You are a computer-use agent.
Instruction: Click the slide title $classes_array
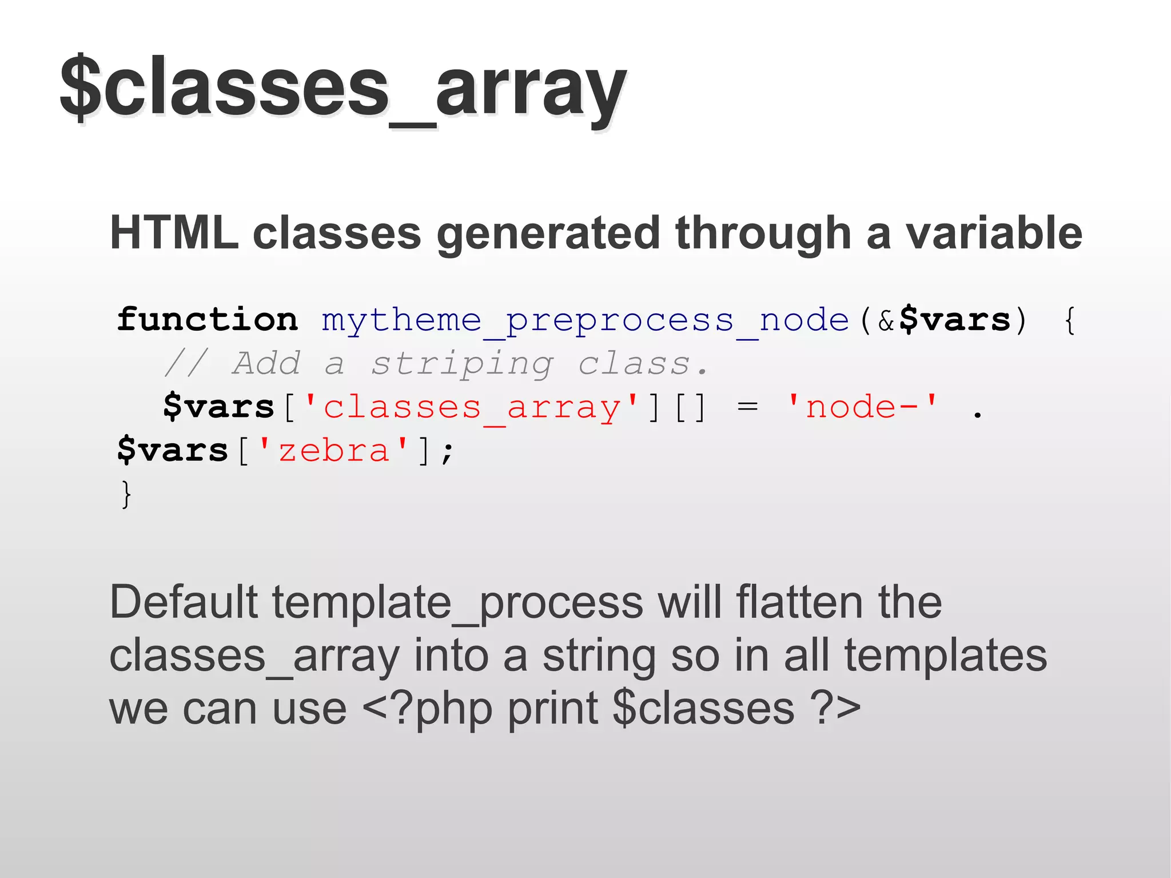343,89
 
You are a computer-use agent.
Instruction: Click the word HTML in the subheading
174,233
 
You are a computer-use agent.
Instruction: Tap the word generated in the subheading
548,233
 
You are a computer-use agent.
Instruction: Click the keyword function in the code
208,320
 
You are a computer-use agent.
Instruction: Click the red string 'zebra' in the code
334,451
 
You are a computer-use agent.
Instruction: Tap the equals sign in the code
747,408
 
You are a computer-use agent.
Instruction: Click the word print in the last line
552,709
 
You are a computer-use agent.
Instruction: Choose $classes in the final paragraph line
703,709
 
